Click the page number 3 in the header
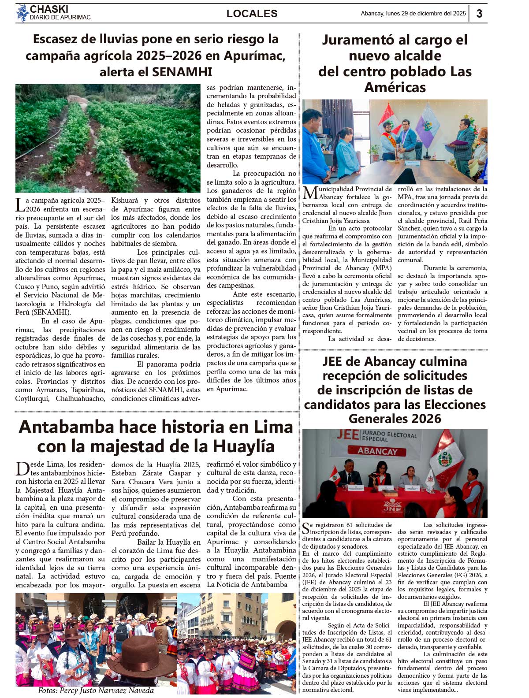pos(479,14)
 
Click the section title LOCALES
pos(252,14)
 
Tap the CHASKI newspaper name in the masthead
pos(49,9)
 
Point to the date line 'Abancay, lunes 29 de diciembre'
pos(413,14)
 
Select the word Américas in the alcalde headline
pos(395,87)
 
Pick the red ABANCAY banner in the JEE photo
pos(377,451)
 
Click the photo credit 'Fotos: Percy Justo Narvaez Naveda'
pos(96,691)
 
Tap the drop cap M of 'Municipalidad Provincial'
pos(310,193)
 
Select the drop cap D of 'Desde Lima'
pos(22,468)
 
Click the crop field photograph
pos(108,138)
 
